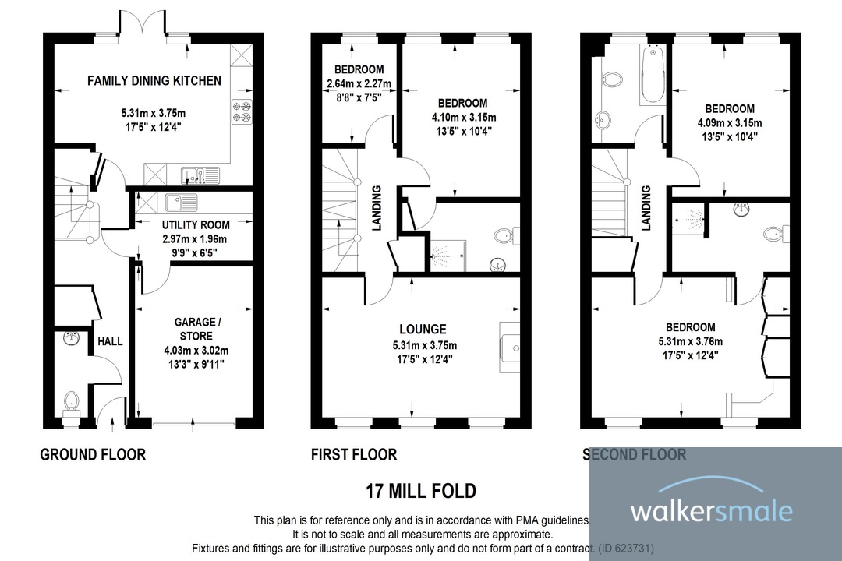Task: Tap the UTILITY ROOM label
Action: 190,225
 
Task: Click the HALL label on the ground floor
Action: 105,341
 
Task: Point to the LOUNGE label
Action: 424,330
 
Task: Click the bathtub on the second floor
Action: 649,76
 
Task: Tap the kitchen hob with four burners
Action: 241,112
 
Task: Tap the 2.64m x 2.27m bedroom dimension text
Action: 359,84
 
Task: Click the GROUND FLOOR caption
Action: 93,454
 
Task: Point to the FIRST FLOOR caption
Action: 353,454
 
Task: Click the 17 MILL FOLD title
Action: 420,492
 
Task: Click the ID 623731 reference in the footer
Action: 624,548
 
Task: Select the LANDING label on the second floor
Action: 646,207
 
